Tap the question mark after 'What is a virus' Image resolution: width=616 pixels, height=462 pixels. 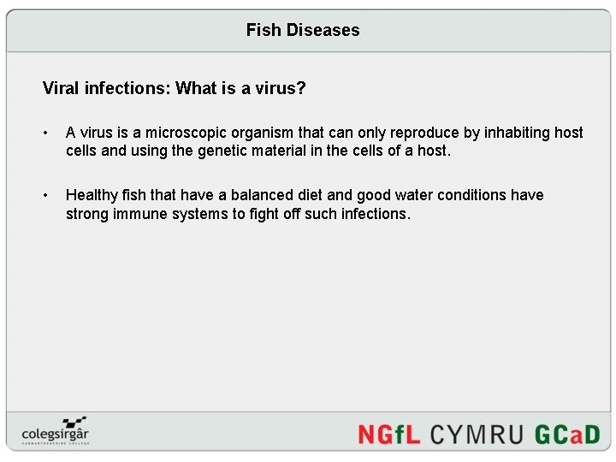pos(300,88)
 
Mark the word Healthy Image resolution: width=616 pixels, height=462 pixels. pos(92,195)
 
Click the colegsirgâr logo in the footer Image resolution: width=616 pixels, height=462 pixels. pos(56,429)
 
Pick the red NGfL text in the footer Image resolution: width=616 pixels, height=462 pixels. pos(389,434)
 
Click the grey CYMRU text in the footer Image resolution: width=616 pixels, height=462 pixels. pos(476,434)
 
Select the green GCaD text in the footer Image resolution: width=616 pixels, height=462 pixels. pos(567,434)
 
